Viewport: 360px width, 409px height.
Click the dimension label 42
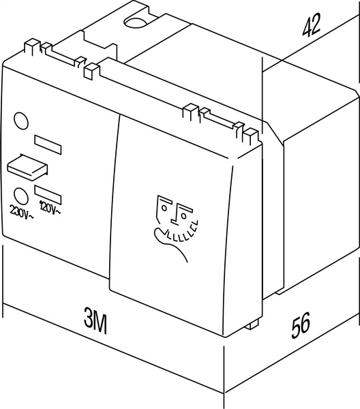[311, 25]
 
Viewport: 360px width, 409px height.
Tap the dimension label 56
[301, 324]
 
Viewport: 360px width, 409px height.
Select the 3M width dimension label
[95, 320]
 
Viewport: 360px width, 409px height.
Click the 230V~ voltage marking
[21, 211]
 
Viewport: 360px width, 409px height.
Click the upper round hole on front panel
[21, 121]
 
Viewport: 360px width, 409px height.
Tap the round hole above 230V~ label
[21, 196]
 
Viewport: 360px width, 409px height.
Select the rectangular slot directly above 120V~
[48, 194]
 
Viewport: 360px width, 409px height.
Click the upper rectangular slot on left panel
[48, 145]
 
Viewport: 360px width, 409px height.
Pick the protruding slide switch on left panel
[27, 168]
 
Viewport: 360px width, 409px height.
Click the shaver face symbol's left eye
[164, 208]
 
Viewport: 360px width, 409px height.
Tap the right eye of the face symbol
[184, 215]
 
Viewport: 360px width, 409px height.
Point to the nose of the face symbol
[175, 215]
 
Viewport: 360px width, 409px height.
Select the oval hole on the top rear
[136, 22]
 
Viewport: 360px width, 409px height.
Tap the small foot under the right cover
[252, 324]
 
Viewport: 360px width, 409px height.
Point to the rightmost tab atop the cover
[252, 136]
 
